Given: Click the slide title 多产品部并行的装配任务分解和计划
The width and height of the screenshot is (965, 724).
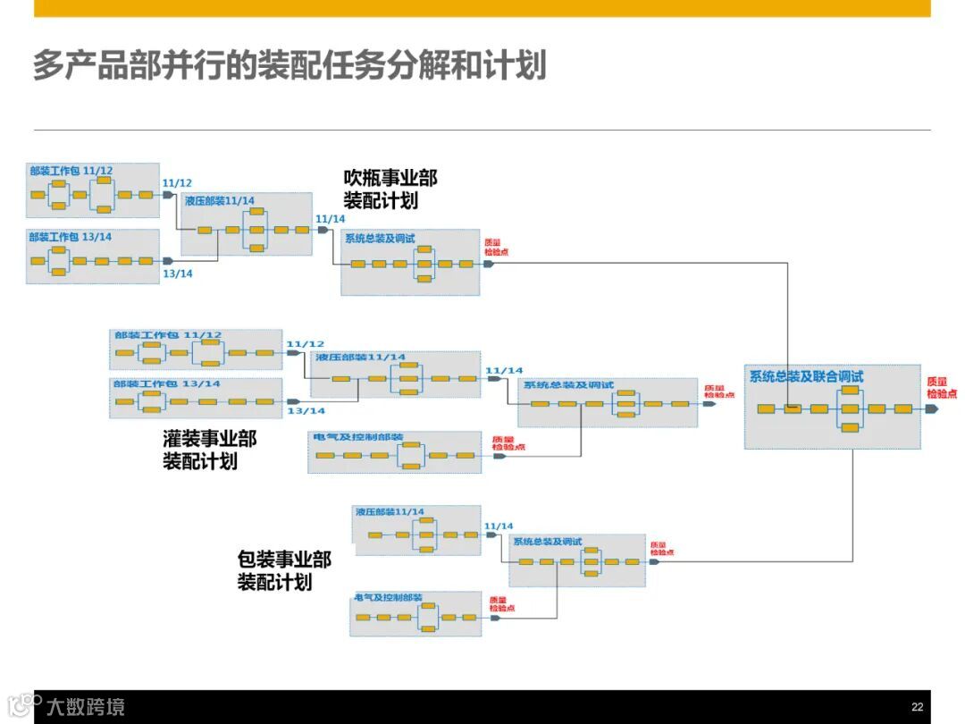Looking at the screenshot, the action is pyautogui.click(x=289, y=66).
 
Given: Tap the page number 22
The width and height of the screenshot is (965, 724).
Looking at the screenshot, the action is pyautogui.click(x=917, y=706).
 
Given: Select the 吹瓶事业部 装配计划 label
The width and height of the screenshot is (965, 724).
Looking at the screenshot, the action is pyautogui.click(x=390, y=189).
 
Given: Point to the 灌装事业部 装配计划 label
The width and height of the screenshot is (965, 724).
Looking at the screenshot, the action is pyautogui.click(x=210, y=450).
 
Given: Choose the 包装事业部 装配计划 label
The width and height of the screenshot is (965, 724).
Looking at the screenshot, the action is pyautogui.click(x=284, y=570).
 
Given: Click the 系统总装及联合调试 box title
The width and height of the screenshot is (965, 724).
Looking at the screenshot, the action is pyautogui.click(x=806, y=376).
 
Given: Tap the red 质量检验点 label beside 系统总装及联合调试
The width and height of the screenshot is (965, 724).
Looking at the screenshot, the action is pyautogui.click(x=941, y=387).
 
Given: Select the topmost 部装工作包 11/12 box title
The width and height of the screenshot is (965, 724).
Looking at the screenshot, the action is pyautogui.click(x=71, y=170).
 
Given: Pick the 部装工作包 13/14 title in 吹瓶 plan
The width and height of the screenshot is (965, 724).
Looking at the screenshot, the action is pyautogui.click(x=71, y=237).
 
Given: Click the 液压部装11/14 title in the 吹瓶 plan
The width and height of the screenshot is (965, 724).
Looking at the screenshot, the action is pyautogui.click(x=220, y=200).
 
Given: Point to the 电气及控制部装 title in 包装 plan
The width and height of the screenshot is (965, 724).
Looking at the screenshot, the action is pyautogui.click(x=388, y=597).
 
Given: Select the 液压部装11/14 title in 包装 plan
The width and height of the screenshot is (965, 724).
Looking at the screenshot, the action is pyautogui.click(x=389, y=512).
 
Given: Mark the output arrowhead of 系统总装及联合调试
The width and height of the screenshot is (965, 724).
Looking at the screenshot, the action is pyautogui.click(x=931, y=408).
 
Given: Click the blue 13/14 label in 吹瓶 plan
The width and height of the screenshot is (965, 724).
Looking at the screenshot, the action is pyautogui.click(x=177, y=274).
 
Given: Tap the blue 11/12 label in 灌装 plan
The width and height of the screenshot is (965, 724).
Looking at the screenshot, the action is pyautogui.click(x=305, y=343).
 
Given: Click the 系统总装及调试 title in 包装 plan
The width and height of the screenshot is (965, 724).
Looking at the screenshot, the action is pyautogui.click(x=548, y=542).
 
